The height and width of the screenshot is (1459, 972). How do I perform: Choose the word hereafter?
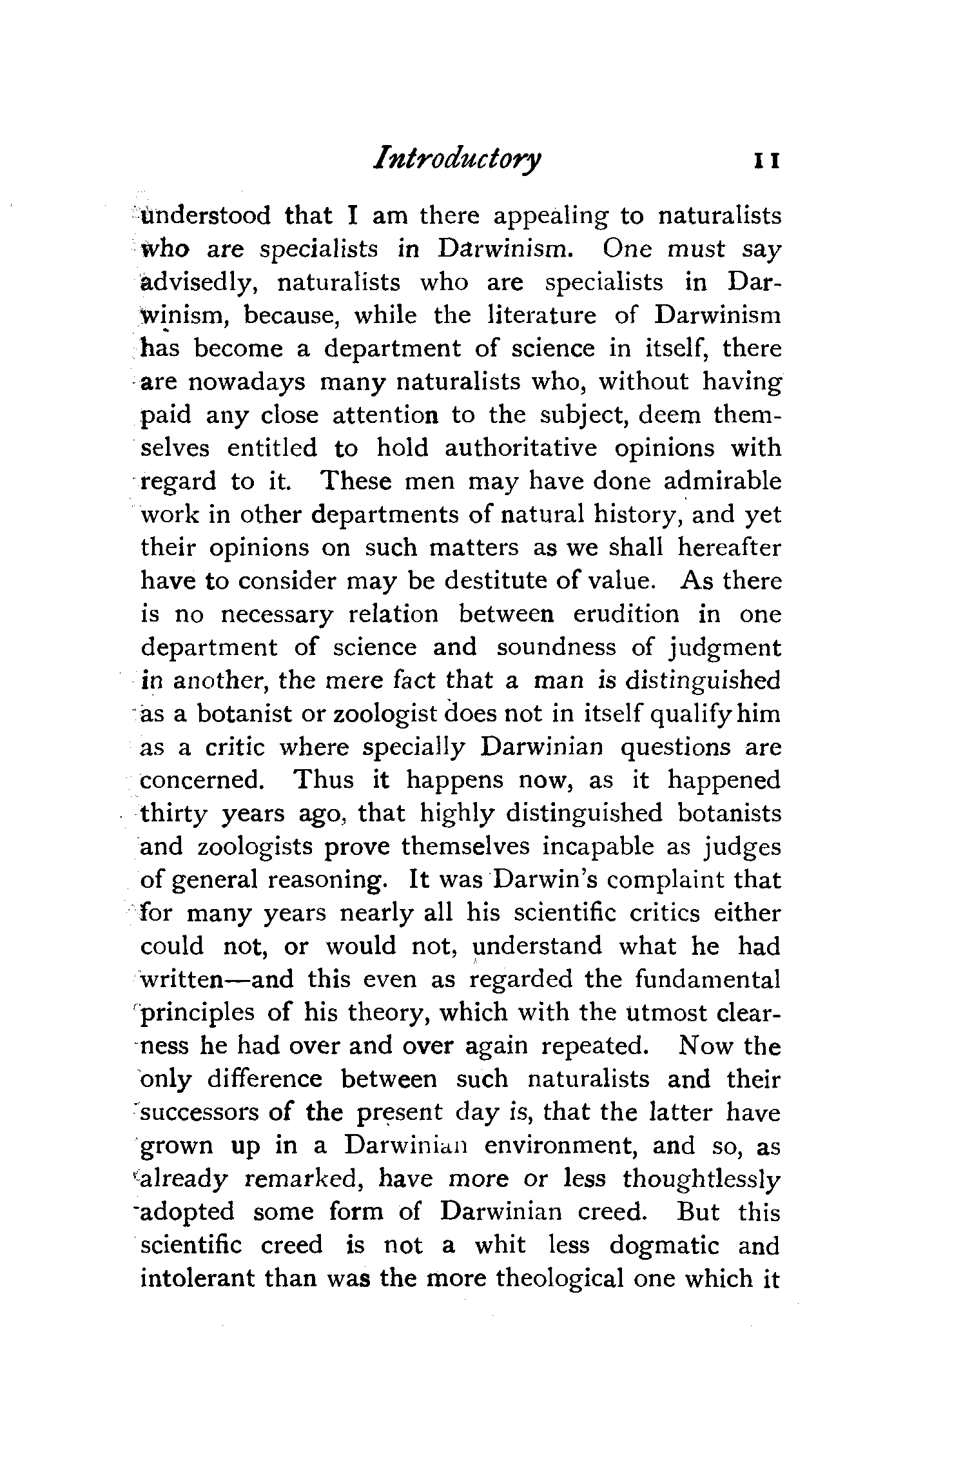[729, 547]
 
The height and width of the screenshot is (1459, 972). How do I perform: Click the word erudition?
[626, 614]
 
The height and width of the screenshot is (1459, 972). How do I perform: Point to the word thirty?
[173, 814]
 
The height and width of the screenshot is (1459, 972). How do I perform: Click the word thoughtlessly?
[701, 1179]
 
